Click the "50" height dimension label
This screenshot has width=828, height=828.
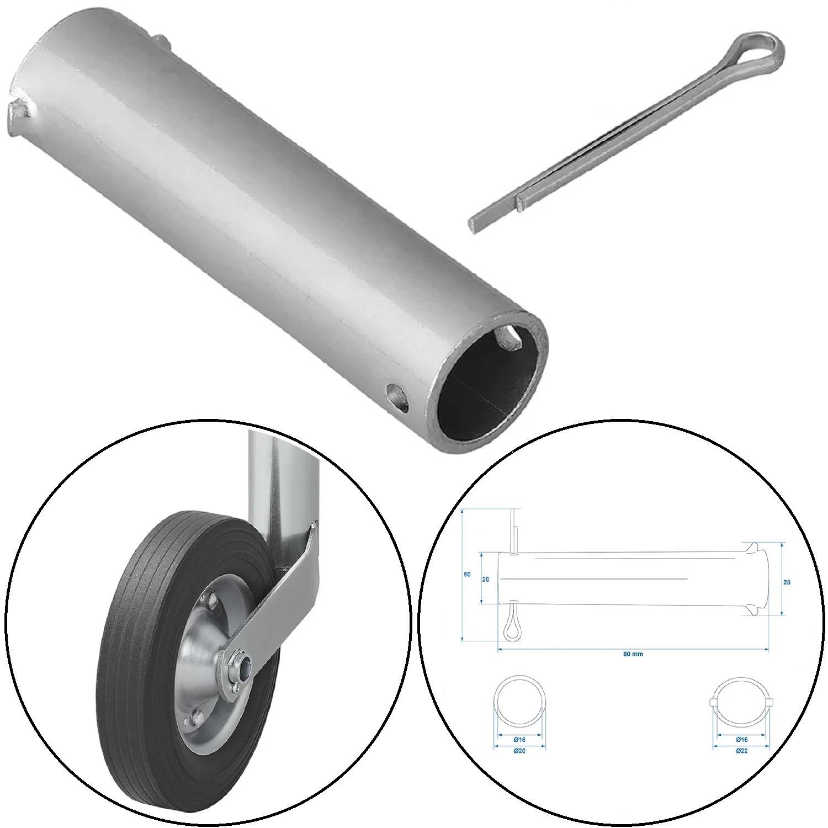pos(467,575)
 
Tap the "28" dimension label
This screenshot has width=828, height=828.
pos(787,582)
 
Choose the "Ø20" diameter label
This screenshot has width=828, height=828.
pos(519,751)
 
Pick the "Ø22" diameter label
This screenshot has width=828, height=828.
pos(741,751)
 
